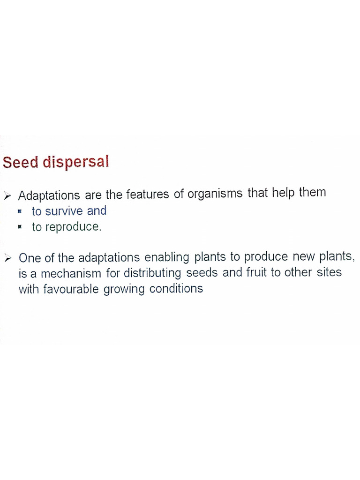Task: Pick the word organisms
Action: [215, 195]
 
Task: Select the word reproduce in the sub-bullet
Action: [73, 228]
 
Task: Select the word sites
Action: [329, 272]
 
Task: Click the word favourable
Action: [70, 289]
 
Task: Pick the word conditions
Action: [176, 289]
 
